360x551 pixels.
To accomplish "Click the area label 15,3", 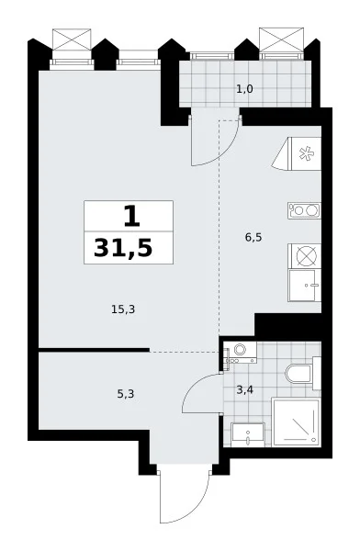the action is click(123, 309).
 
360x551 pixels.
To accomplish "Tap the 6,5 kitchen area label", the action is click(253, 238).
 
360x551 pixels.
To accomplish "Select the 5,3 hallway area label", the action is click(126, 394).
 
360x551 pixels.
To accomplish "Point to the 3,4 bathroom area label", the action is click(244, 389).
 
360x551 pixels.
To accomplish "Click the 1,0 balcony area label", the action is click(244, 89).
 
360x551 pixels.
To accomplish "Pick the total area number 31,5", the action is click(123, 248).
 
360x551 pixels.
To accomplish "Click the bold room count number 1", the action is click(132, 217).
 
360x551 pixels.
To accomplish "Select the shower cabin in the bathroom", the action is click(297, 422).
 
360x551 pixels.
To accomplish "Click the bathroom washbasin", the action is click(248, 434).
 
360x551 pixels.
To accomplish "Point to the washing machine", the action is click(241, 353).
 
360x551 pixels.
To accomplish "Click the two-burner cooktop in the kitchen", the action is click(304, 210).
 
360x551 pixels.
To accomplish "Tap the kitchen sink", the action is click(305, 286).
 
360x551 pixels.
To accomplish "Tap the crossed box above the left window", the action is click(72, 39).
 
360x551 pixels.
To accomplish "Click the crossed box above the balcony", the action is click(281, 38).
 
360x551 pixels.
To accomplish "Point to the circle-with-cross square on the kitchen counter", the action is click(305, 256).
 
